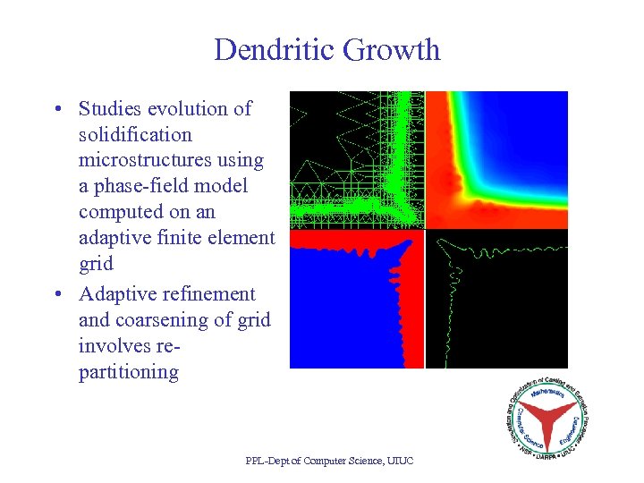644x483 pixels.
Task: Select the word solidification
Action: click(135, 135)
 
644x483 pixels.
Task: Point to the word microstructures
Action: click(171, 161)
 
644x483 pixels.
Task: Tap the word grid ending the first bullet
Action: click(96, 264)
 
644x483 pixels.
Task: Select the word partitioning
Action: click(128, 372)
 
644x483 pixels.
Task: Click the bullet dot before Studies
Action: click(56, 110)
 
